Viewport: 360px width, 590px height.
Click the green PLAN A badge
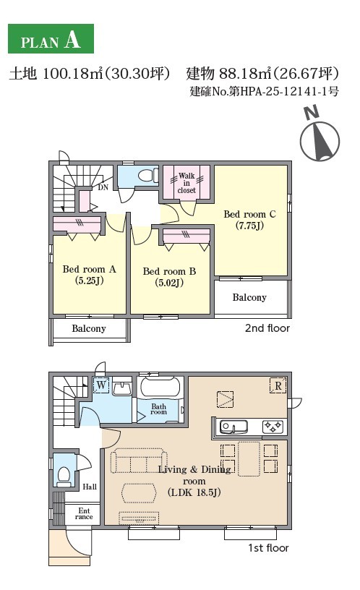[51, 39]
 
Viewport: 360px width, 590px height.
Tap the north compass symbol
[320, 137]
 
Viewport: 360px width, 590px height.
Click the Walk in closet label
[187, 183]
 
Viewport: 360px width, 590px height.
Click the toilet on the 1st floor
[64, 476]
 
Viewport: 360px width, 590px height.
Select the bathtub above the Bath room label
[160, 387]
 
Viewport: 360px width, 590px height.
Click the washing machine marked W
[101, 385]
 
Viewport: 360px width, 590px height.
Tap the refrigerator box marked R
[278, 385]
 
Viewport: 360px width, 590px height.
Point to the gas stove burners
[273, 427]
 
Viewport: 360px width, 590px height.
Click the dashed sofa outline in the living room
[139, 461]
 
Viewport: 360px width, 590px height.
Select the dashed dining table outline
[249, 458]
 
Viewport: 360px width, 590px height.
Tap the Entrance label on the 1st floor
[84, 513]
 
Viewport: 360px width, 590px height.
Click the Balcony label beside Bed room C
[249, 298]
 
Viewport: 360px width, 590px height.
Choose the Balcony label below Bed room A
[89, 328]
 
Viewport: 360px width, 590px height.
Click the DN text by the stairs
[103, 187]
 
